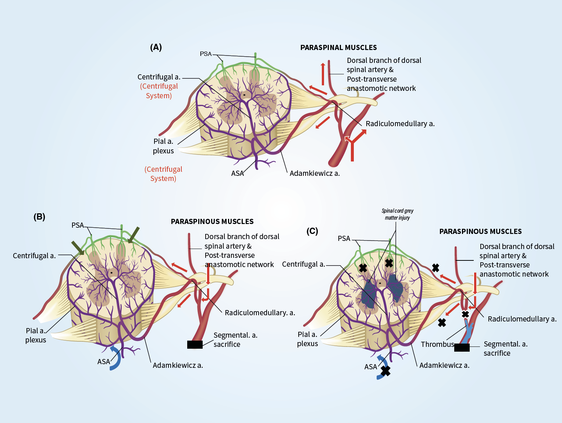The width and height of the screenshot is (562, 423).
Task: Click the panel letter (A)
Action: (156, 47)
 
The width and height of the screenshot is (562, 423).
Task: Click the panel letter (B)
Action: (39, 217)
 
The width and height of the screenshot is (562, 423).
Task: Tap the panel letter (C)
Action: (312, 231)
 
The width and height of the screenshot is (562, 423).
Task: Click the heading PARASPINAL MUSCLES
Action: (338, 47)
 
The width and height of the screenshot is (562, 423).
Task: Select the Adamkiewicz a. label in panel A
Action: (314, 173)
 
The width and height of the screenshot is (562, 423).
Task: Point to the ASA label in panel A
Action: (237, 173)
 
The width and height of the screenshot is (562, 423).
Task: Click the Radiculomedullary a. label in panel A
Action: (400, 124)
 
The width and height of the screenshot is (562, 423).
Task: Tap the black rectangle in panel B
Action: (195, 345)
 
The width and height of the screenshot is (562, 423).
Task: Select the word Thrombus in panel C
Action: (437, 344)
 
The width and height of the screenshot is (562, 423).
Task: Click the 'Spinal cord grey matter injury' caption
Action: (397, 214)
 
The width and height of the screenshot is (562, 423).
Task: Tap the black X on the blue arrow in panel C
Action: (385, 371)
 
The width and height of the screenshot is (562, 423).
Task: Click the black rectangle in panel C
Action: (462, 348)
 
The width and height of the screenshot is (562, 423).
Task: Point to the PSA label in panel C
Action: (344, 238)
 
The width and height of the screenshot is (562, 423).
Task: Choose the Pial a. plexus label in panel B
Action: (36, 335)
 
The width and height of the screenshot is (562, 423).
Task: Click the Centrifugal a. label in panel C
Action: (303, 264)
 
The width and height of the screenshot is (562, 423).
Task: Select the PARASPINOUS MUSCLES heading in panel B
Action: (212, 221)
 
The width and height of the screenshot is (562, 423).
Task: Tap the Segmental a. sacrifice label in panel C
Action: (505, 348)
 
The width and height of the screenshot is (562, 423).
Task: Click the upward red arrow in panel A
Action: (323, 74)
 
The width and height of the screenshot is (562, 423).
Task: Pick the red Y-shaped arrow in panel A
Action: (353, 145)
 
